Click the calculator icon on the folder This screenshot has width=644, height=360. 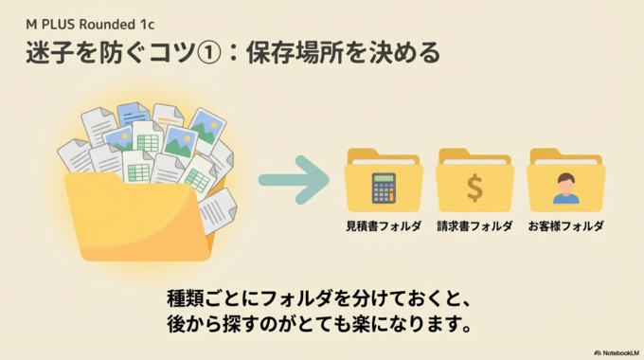pyautogui.click(x=384, y=188)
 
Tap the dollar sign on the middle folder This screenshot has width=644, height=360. pyautogui.click(x=474, y=188)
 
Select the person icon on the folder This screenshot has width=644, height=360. pyautogui.click(x=565, y=188)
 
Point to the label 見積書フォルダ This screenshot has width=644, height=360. pyautogui.click(x=384, y=226)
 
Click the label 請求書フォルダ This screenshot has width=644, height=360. pyautogui.click(x=474, y=226)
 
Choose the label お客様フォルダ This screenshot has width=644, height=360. pyautogui.click(x=565, y=226)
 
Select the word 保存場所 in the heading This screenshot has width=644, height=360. pyautogui.click(x=291, y=53)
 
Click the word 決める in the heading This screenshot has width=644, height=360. pyautogui.click(x=408, y=53)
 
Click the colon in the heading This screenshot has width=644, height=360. pyautogui.click(x=227, y=54)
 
